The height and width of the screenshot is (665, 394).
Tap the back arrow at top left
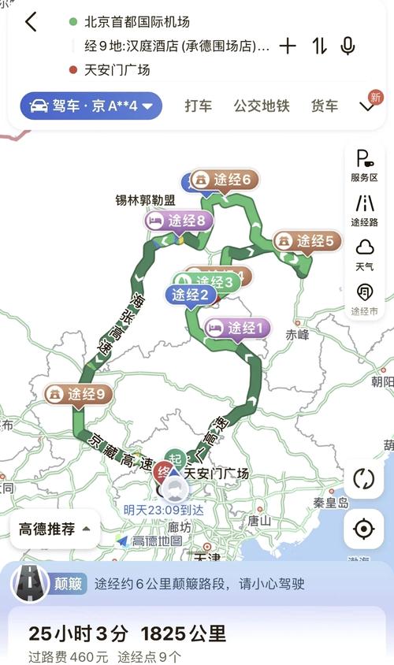pos(31,22)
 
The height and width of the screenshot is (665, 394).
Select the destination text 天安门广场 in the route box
pos(117,70)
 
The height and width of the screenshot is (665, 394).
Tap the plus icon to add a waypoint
pos(288,46)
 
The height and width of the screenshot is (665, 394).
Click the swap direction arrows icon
pos(319,46)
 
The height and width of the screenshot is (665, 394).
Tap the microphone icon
pos(348,46)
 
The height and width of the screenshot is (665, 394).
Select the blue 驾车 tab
pos(91,106)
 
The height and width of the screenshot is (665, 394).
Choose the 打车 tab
pos(199,106)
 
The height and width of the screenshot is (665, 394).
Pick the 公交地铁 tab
pos(262,106)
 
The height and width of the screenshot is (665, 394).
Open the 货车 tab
pos(324,106)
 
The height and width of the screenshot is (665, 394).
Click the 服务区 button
pos(364,165)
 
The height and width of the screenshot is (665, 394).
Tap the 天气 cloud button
pos(364,254)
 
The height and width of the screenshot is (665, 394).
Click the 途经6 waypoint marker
pos(225,180)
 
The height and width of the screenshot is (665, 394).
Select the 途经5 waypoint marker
pos(307,241)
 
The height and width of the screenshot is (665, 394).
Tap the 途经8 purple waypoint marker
pos(179,221)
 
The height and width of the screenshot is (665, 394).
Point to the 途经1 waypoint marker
pos(238,328)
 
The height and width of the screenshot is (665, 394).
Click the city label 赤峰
pos(298,333)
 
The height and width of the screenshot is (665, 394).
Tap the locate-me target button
pos(363,529)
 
